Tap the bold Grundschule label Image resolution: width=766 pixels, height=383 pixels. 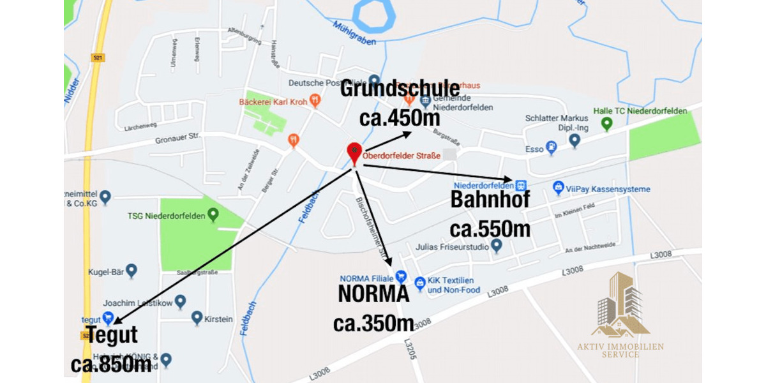pyautogui.click(x=400, y=89)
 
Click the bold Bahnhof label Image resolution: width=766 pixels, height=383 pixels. pyautogui.click(x=490, y=199)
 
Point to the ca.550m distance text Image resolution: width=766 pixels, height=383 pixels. pyautogui.click(x=490, y=229)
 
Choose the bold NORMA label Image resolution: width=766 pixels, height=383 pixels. pyautogui.click(x=373, y=294)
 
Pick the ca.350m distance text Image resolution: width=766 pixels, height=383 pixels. pyautogui.click(x=373, y=323)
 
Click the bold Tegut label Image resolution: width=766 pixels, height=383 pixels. pyautogui.click(x=112, y=334)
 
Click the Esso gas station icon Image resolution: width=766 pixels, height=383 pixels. pyautogui.click(x=552, y=149)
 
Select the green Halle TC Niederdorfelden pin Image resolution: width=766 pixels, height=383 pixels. pyautogui.click(x=606, y=124)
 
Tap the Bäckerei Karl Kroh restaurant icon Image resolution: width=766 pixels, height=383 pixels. pyautogui.click(x=315, y=101)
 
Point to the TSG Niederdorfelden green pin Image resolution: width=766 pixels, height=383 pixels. pyautogui.click(x=213, y=215)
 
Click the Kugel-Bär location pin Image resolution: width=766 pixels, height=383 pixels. pyautogui.click(x=131, y=271)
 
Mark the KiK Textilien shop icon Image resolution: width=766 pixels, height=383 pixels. pyautogui.click(x=419, y=283)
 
